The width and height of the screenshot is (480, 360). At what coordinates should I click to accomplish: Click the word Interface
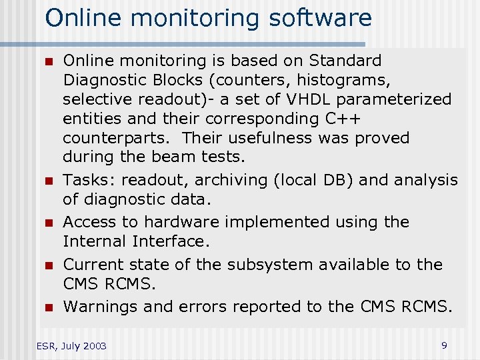click(x=169, y=241)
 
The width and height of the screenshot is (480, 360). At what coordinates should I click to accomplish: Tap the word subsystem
click(x=270, y=265)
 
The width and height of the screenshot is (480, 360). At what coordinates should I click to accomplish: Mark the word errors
click(x=203, y=307)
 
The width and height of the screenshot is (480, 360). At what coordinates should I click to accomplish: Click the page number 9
click(x=444, y=345)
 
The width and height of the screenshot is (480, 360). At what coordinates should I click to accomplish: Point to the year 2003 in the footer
click(x=93, y=346)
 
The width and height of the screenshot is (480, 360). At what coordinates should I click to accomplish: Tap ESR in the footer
click(x=45, y=346)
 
